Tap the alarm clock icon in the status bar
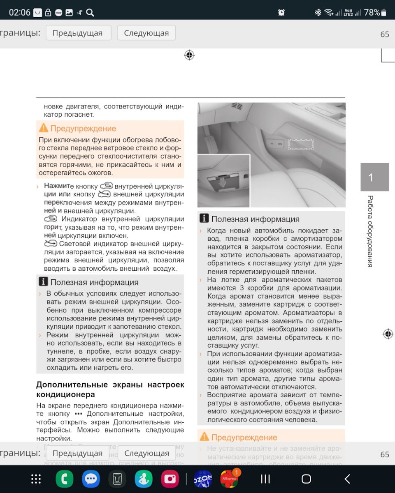(281, 12)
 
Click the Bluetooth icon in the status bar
(318, 12)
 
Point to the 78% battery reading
(372, 12)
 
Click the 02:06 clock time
(19, 12)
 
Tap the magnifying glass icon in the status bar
(90, 12)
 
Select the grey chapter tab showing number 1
(374, 177)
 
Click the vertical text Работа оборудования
(370, 231)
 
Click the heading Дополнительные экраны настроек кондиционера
(110, 389)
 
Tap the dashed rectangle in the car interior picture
(300, 144)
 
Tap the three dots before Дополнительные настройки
(79, 414)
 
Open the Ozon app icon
(203, 479)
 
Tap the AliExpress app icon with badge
(230, 479)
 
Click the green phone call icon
(65, 479)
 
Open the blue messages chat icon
(91, 479)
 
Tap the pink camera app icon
(170, 479)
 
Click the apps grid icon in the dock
(36, 479)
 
